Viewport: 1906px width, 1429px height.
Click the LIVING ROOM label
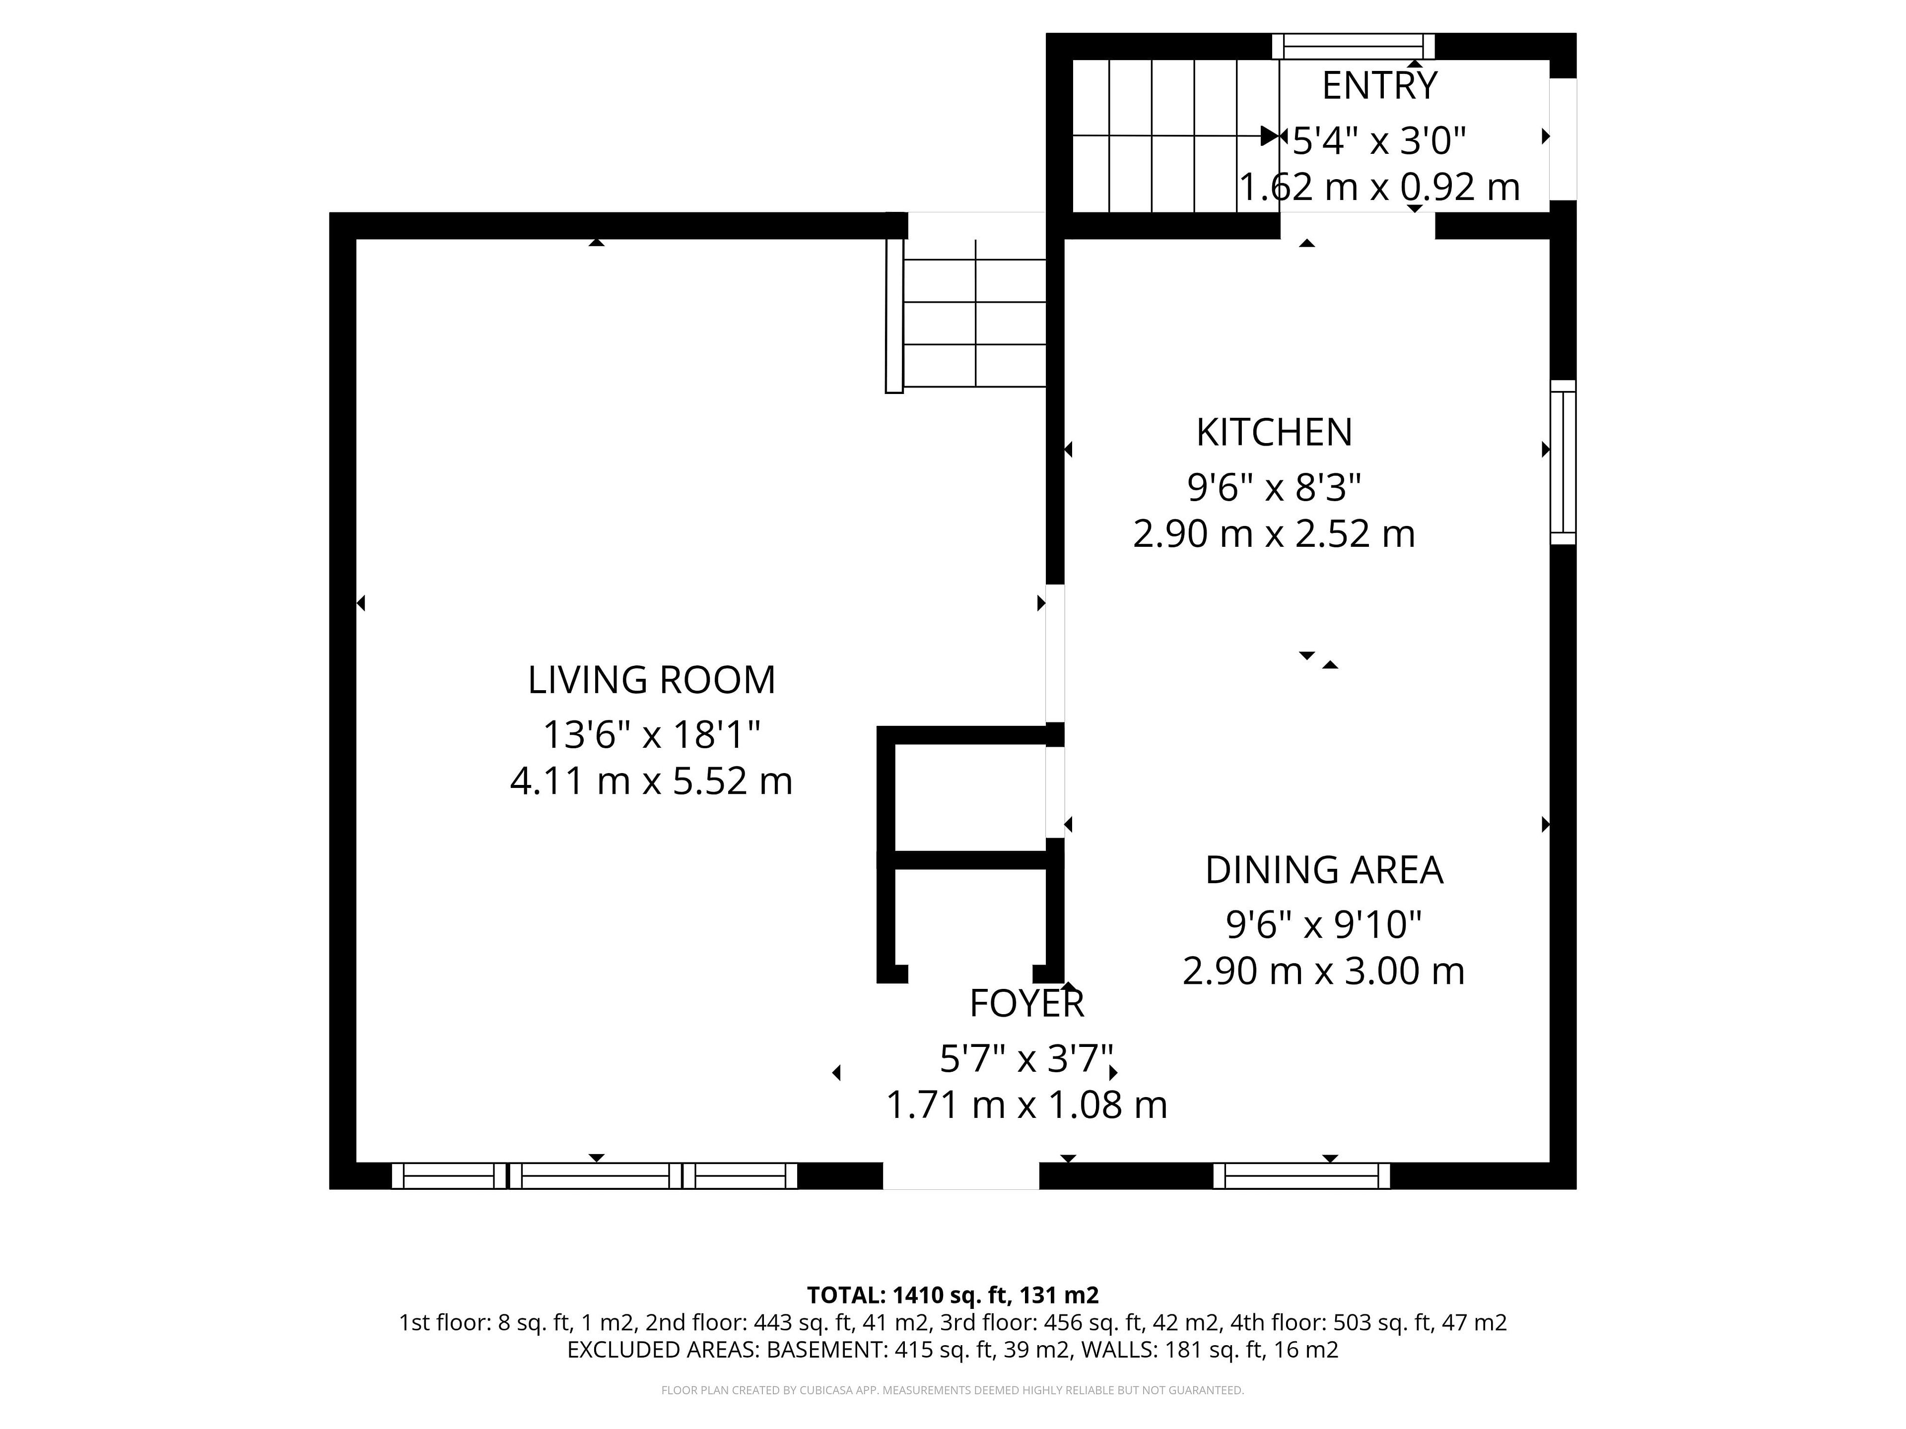tap(651, 680)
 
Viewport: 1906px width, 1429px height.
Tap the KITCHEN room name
tap(1275, 432)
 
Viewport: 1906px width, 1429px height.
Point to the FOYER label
tap(1026, 1003)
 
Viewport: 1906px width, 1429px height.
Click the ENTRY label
tap(1379, 85)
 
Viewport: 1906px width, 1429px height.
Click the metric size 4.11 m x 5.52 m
tap(651, 781)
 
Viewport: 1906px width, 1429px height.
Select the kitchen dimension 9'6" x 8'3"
tap(1275, 488)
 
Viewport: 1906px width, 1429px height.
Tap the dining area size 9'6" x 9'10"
tap(1323, 925)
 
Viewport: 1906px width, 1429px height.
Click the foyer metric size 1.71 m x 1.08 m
tap(1026, 1105)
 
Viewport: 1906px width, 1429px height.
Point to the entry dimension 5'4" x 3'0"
tap(1379, 140)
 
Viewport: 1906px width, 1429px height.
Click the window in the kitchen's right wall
tap(1563, 462)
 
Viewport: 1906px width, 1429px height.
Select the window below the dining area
tap(1301, 1176)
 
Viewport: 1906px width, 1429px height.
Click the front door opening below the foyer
tap(961, 1176)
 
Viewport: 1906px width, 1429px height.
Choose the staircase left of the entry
tap(1175, 135)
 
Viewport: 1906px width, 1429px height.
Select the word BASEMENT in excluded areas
tap(824, 1350)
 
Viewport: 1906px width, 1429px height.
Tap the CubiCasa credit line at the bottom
tap(952, 1390)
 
